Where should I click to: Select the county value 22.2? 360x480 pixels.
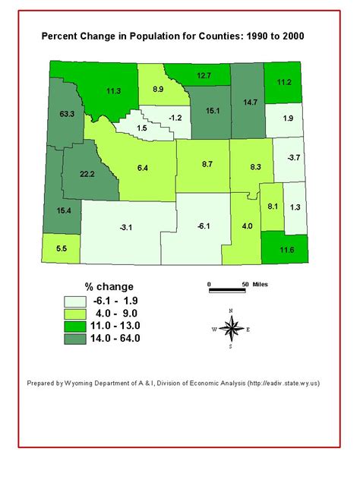(87, 174)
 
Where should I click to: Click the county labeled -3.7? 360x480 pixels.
(292, 157)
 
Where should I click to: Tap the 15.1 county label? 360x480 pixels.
(212, 110)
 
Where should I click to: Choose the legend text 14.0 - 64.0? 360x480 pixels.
(115, 338)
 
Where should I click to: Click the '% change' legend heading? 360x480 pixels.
(109, 286)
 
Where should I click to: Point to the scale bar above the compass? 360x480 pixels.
(226, 289)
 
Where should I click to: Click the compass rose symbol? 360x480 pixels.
(234, 327)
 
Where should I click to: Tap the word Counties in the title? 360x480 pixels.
(213, 36)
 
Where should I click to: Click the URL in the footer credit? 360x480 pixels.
(284, 383)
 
